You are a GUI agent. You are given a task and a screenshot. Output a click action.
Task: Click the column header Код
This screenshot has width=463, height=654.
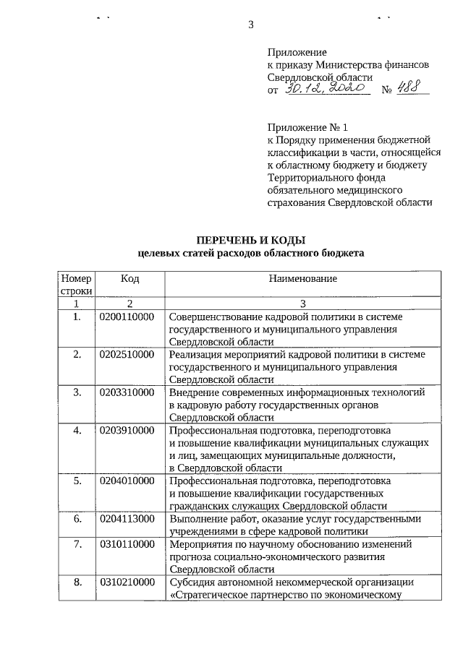(x=130, y=278)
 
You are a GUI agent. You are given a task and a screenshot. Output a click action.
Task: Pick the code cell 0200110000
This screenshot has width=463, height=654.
(x=127, y=317)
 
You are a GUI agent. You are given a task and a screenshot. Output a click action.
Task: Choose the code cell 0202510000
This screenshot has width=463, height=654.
(x=127, y=355)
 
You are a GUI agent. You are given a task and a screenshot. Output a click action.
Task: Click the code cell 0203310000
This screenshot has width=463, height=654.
(x=127, y=392)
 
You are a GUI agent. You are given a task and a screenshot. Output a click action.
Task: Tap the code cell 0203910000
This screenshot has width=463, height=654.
(x=127, y=431)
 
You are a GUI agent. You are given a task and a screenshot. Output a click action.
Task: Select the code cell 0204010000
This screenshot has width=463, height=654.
(x=127, y=481)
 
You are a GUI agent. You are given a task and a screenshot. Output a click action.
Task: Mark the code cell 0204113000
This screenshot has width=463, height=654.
(x=127, y=519)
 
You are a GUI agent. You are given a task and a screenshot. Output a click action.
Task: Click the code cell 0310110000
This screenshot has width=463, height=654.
(x=127, y=544)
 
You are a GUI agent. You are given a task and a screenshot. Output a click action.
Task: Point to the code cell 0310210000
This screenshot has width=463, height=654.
(x=127, y=582)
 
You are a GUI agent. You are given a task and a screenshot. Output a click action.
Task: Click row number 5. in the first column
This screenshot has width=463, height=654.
(x=77, y=481)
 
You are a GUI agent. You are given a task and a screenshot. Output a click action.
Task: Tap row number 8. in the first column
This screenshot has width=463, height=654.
(x=77, y=582)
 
